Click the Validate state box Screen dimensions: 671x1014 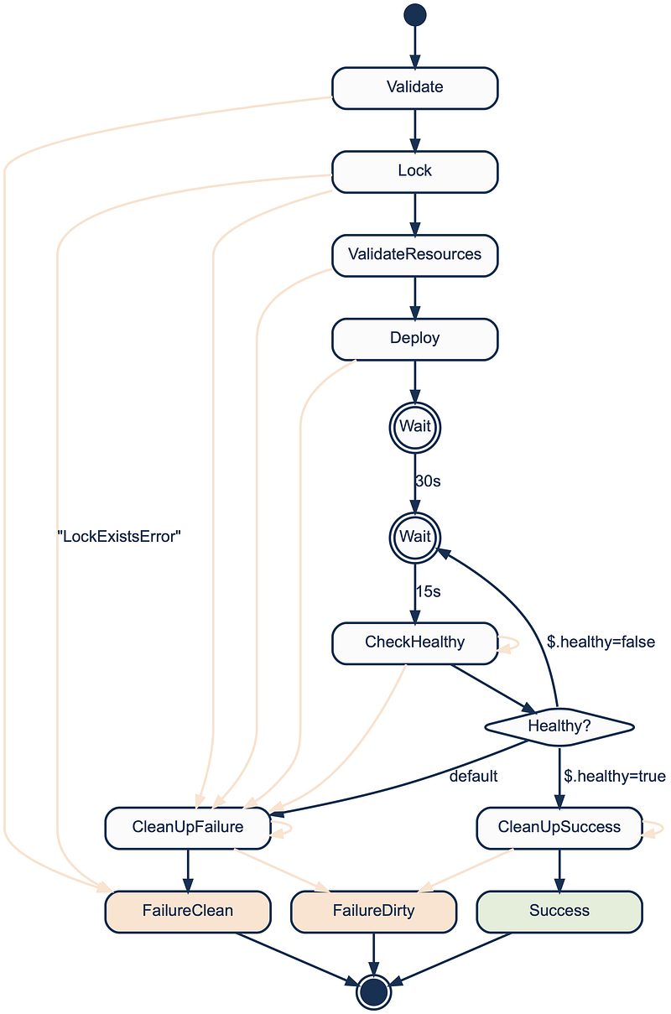pyautogui.click(x=414, y=88)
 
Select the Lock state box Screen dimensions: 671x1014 pyautogui.click(x=414, y=172)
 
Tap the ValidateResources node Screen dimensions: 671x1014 pyautogui.click(x=414, y=255)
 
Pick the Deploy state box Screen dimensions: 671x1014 pyautogui.click(x=414, y=339)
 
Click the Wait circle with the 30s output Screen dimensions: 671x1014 pyautogui.click(x=414, y=428)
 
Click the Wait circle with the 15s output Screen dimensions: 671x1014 pyautogui.click(x=414, y=538)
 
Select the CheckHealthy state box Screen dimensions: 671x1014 pyautogui.click(x=414, y=643)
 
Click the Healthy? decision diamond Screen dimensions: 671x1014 pyautogui.click(x=559, y=727)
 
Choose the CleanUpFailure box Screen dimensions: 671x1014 pyautogui.click(x=188, y=828)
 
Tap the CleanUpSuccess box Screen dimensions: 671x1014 pyautogui.click(x=559, y=828)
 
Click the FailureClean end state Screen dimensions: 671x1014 pyautogui.click(x=188, y=912)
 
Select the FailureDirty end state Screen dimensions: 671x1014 pyautogui.click(x=373, y=912)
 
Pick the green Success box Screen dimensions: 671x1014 pyautogui.click(x=559, y=912)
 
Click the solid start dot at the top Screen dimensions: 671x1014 pyautogui.click(x=414, y=15)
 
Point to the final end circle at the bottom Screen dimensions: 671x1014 pyautogui.click(x=373, y=992)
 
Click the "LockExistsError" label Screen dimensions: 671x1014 pyautogui.click(x=119, y=537)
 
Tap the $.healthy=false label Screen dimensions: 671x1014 pyautogui.click(x=601, y=642)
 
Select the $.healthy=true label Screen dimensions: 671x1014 pyautogui.click(x=615, y=776)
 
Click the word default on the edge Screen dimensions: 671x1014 pyautogui.click(x=473, y=776)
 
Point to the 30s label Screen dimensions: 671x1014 pyautogui.click(x=428, y=481)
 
